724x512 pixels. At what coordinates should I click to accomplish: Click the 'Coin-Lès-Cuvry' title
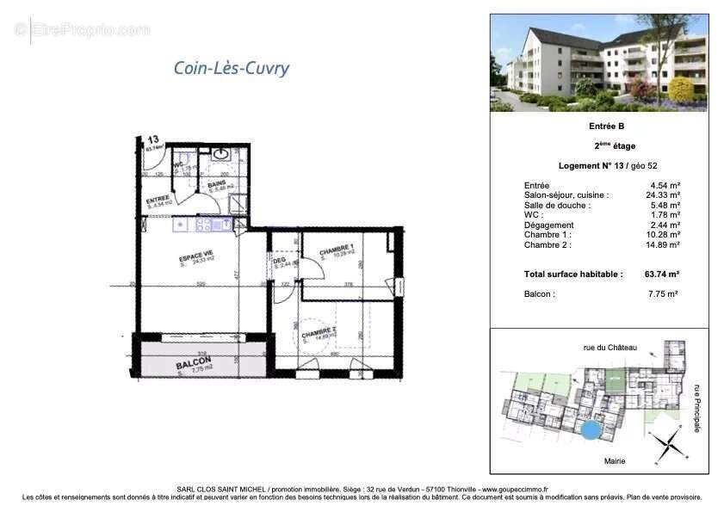232,68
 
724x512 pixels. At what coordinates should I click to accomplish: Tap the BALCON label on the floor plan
194,364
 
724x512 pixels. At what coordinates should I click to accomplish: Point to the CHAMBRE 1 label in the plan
337,250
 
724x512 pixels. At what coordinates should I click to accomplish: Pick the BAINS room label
218,183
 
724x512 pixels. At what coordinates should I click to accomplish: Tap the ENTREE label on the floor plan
158,198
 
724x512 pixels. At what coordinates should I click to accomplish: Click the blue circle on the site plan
590,428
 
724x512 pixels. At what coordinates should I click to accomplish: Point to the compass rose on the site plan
663,445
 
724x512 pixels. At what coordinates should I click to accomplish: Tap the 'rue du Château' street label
610,347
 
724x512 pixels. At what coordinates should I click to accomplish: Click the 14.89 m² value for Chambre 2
665,245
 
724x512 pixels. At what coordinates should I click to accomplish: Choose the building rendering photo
599,62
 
